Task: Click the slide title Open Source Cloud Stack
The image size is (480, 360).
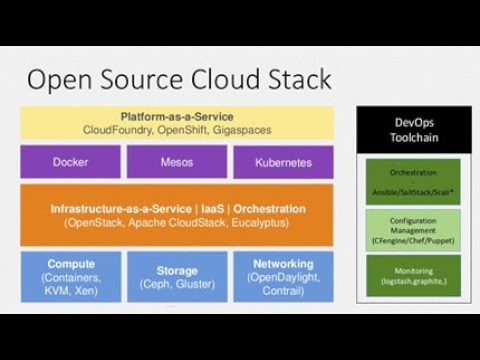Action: tap(179, 79)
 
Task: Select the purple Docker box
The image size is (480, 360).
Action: tap(70, 162)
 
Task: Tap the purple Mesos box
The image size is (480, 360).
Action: tap(177, 162)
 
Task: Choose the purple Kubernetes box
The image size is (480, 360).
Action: tap(284, 162)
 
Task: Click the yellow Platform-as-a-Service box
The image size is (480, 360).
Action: tap(177, 123)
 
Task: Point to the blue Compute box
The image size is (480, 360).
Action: tap(70, 277)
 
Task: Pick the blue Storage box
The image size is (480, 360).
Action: tap(177, 277)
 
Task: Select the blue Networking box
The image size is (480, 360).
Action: tap(284, 277)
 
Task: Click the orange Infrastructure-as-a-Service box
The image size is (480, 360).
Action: tap(177, 215)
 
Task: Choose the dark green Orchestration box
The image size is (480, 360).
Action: tap(413, 181)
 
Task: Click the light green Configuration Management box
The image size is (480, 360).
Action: tap(413, 228)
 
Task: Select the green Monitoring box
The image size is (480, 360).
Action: tap(413, 276)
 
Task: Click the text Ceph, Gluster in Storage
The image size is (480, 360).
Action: tap(177, 285)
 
